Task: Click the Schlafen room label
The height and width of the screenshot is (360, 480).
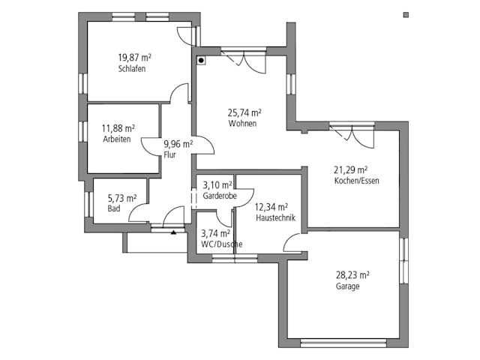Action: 131,69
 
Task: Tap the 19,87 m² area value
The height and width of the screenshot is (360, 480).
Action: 133,58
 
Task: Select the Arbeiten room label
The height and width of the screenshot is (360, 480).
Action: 116,139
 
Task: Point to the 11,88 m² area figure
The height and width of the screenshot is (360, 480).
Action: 118,128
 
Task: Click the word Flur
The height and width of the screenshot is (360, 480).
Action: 170,154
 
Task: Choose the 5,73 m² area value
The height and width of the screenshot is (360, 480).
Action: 122,198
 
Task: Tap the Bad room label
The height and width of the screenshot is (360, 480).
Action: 114,208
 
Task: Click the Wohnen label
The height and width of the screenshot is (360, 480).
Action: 243,124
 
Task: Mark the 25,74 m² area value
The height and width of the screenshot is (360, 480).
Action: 244,112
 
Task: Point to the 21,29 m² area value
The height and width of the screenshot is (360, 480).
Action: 351,169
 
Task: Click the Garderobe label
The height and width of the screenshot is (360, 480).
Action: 220,195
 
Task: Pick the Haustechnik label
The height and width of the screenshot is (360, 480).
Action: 274,217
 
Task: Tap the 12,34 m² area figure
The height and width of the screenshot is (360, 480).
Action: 271,206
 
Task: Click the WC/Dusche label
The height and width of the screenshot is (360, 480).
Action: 221,244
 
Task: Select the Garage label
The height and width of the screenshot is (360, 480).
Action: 348,286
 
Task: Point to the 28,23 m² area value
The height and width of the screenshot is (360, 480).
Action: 352,274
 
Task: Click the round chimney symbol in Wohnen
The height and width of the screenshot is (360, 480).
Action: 201,60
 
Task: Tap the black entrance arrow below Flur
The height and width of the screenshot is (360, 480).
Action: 174,232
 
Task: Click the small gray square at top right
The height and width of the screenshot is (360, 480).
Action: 406,13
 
